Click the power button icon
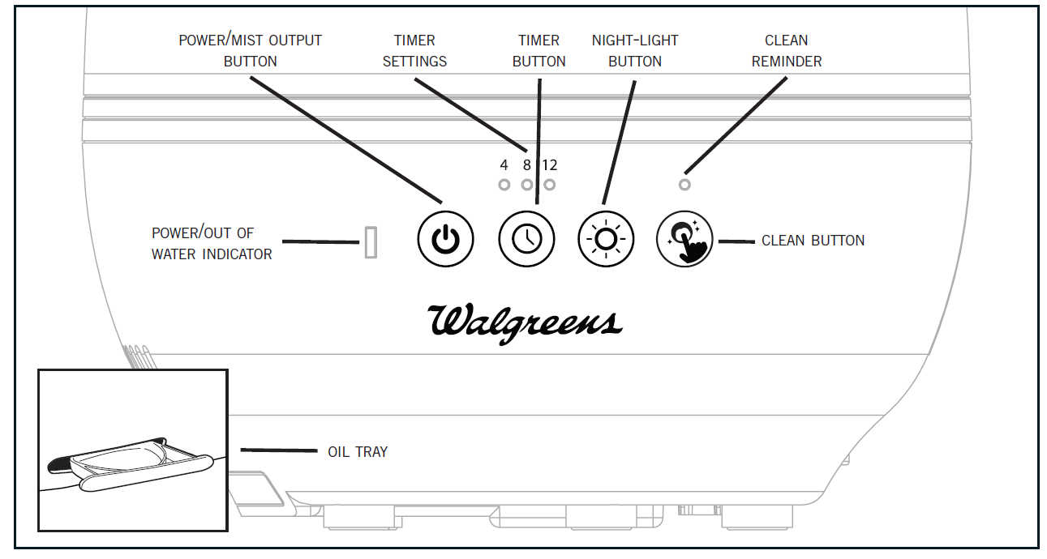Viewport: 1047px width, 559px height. pos(444,239)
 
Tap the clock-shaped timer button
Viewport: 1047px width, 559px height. pos(526,239)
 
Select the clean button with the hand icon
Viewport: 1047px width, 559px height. pos(684,240)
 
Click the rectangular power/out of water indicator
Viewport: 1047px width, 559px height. pos(371,242)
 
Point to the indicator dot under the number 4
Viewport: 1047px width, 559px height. pos(504,185)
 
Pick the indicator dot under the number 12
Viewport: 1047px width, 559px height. pos(550,185)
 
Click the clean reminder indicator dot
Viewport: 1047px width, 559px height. pos(684,185)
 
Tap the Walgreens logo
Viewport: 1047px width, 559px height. pos(525,322)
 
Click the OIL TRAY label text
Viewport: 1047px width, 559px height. pos(358,451)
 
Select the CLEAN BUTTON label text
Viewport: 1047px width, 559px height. pos(813,241)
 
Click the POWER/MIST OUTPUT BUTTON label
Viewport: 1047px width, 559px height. pos(250,50)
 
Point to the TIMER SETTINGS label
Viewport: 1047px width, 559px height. pos(414,50)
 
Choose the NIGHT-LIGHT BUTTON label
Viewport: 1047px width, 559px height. pos(635,50)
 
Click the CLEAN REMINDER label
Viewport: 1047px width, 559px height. pos(786,50)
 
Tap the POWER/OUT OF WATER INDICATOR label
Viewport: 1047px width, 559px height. pos(212,243)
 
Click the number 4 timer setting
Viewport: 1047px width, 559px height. pos(504,165)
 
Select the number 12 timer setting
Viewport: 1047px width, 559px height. pos(550,165)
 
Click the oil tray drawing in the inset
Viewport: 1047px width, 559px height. pos(130,459)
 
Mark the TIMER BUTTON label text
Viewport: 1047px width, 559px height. pos(539,50)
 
